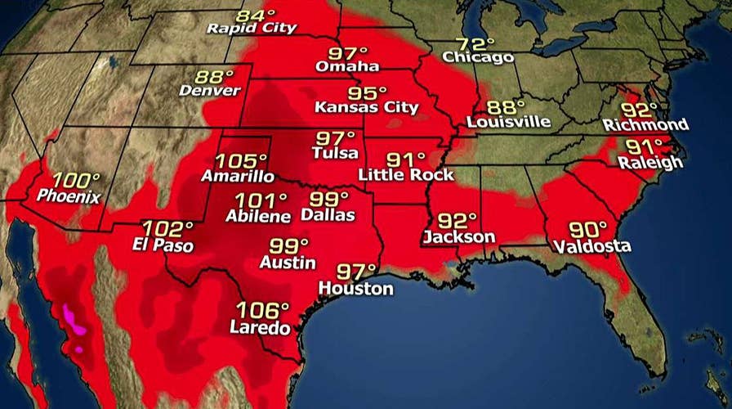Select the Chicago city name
[478, 57]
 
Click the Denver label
[210, 90]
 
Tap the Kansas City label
[367, 107]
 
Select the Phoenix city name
[69, 196]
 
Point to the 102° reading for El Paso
[168, 229]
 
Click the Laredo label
[260, 329]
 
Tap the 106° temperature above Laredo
[263, 311]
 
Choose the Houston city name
[355, 289]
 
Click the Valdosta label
[591, 245]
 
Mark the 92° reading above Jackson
[457, 221]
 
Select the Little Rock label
[399, 174]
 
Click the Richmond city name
[645, 124]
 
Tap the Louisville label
[508, 122]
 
